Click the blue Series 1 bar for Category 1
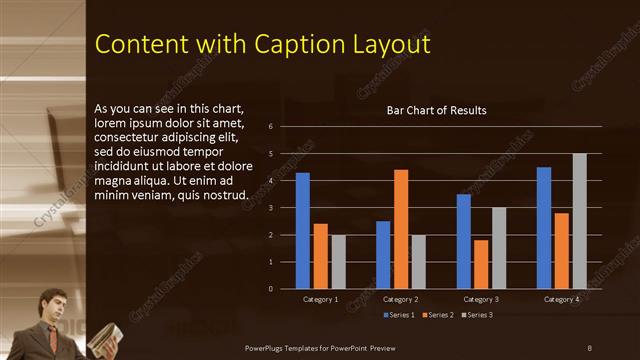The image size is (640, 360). coord(303,231)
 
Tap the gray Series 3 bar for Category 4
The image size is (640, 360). coord(579,221)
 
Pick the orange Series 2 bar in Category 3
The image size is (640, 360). coord(481,264)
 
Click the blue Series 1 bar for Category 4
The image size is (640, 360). coord(544,228)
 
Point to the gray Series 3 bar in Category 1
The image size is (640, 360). coord(338,262)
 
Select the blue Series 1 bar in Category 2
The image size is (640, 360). coord(383,255)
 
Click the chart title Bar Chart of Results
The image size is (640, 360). coord(436,110)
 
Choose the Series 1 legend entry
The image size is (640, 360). coord(400,315)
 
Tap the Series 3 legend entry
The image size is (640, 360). coord(477,315)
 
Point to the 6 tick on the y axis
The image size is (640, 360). coord(270,127)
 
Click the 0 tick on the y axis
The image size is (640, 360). coord(270,289)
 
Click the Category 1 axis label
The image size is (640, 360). coord(320,300)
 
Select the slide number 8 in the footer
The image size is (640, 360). coord(589,347)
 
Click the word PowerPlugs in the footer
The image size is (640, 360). coord(270,347)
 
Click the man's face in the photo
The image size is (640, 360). coord(54,305)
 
